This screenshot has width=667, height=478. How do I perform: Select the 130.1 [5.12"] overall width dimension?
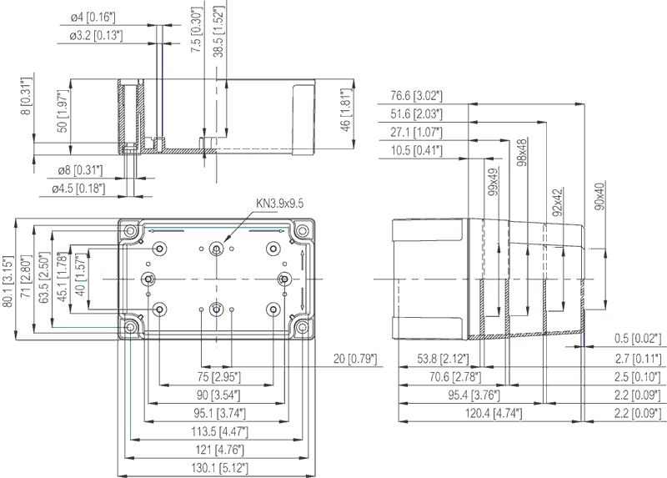pos(219,468)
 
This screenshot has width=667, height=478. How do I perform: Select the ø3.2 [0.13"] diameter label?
pos(97,35)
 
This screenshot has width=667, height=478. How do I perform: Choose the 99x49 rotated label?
pos(494,182)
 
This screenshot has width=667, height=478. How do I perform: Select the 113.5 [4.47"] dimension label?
pos(219,431)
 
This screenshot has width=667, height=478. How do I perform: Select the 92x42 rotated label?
pos(558,203)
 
